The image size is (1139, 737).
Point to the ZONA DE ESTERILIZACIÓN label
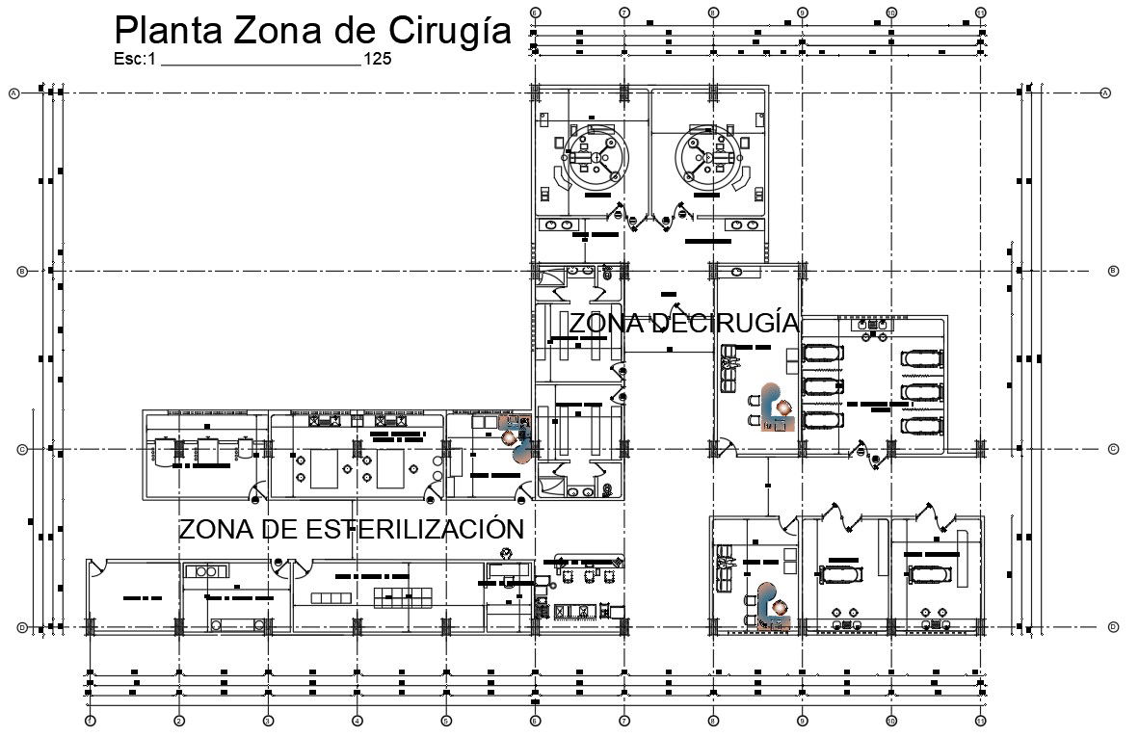click(351, 529)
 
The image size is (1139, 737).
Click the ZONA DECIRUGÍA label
click(683, 324)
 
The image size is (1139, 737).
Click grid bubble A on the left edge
click(14, 93)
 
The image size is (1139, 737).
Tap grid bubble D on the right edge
click(1113, 627)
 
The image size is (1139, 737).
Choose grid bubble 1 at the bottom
click(89, 720)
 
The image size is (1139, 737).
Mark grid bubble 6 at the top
click(536, 12)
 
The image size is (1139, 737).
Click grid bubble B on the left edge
click(22, 272)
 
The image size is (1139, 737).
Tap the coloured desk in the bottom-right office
click(771, 607)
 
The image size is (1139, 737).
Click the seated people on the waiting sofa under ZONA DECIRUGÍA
click(730, 363)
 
